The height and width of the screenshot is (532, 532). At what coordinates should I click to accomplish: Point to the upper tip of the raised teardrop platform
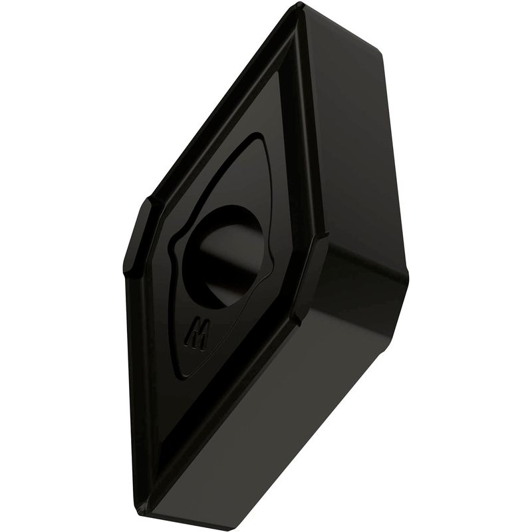(262, 136)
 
